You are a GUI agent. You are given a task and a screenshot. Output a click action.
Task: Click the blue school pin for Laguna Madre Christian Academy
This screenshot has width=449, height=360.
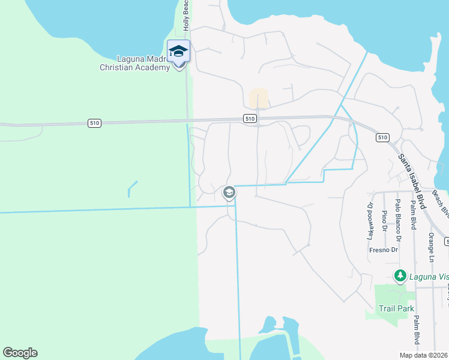pyautogui.click(x=178, y=51)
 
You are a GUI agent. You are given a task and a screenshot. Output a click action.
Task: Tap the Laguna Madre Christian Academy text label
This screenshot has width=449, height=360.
pyautogui.click(x=135, y=63)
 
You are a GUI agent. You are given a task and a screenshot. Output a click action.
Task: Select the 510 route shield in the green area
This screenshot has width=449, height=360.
pyautogui.click(x=94, y=123)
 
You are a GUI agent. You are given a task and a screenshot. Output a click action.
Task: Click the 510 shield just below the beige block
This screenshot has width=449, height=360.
pyautogui.click(x=251, y=119)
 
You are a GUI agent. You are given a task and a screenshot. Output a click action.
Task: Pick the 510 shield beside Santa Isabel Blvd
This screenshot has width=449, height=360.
pyautogui.click(x=383, y=137)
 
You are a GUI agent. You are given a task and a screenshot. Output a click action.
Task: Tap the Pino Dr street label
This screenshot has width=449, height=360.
pyautogui.click(x=385, y=221)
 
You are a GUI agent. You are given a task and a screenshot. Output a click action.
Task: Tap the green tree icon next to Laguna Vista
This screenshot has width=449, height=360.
pyautogui.click(x=400, y=276)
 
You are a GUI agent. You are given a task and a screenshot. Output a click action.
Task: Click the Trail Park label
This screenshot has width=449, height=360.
pyautogui.click(x=396, y=308)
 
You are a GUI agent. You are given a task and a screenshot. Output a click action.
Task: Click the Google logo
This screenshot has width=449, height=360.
pyautogui.click(x=20, y=353)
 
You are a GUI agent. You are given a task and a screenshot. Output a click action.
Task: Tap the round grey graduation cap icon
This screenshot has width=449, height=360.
pyautogui.click(x=228, y=193)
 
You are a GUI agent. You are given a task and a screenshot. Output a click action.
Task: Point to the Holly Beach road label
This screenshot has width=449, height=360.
pyautogui.click(x=186, y=16)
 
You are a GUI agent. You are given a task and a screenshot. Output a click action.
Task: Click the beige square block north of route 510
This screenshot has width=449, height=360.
pyautogui.click(x=259, y=98)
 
